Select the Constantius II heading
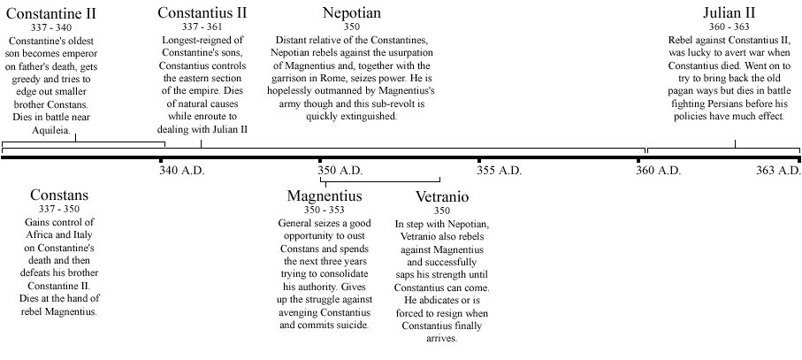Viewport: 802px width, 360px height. click(x=202, y=13)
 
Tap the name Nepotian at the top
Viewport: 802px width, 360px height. click(x=352, y=13)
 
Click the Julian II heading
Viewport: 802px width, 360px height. click(x=734, y=13)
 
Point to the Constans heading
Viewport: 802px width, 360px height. click(x=59, y=195)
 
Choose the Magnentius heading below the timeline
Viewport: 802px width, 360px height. click(x=325, y=195)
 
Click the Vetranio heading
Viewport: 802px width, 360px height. click(x=441, y=196)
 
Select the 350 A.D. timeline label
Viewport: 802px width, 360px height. click(x=340, y=170)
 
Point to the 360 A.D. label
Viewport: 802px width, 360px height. click(x=658, y=170)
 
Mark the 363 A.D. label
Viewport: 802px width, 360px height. click(x=777, y=170)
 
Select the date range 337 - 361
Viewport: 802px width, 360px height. click(x=202, y=29)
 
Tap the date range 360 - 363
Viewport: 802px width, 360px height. click(x=734, y=29)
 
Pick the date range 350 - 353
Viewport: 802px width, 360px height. click(x=325, y=211)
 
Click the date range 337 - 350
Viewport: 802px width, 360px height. click(x=59, y=209)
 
